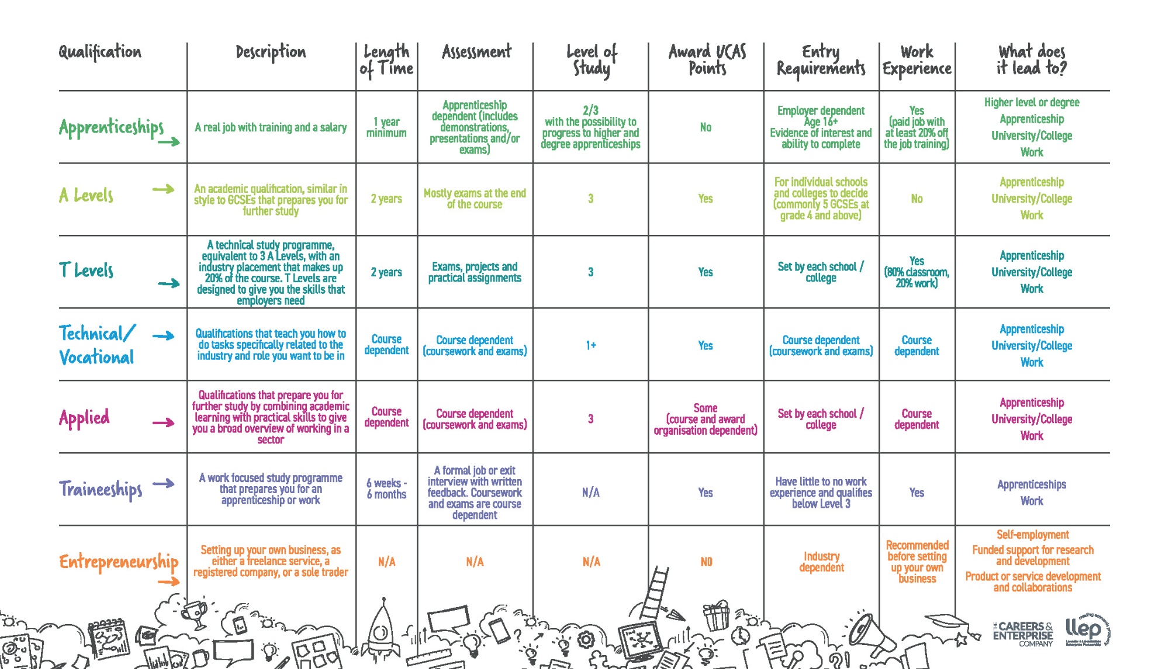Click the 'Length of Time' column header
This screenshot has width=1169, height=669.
pyautogui.click(x=386, y=60)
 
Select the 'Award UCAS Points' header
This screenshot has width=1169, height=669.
pyautogui.click(x=707, y=60)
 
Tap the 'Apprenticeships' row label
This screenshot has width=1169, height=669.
pyautogui.click(x=111, y=127)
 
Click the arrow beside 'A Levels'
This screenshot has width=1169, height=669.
pyautogui.click(x=163, y=189)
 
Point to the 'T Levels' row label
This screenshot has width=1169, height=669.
pyautogui.click(x=87, y=270)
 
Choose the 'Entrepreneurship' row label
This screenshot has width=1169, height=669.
pyautogui.click(x=119, y=561)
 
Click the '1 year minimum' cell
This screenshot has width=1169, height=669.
pyautogui.click(x=386, y=127)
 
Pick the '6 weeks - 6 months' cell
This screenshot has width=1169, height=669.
pyautogui.click(x=386, y=488)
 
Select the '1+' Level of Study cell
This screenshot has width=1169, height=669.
pyautogui.click(x=590, y=345)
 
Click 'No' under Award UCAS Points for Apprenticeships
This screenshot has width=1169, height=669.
pyautogui.click(x=705, y=127)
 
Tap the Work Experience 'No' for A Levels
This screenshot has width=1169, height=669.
pyautogui.click(x=916, y=199)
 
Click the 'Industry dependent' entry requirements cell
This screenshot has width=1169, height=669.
pyautogui.click(x=821, y=561)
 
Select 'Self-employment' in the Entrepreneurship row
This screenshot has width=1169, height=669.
pyautogui.click(x=1032, y=535)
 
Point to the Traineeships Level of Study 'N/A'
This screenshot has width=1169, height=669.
pyautogui.click(x=590, y=493)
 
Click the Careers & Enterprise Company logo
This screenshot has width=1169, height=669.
pyautogui.click(x=1023, y=634)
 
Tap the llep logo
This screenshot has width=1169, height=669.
pyautogui.click(x=1086, y=630)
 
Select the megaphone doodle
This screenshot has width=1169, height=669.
pyautogui.click(x=865, y=634)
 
